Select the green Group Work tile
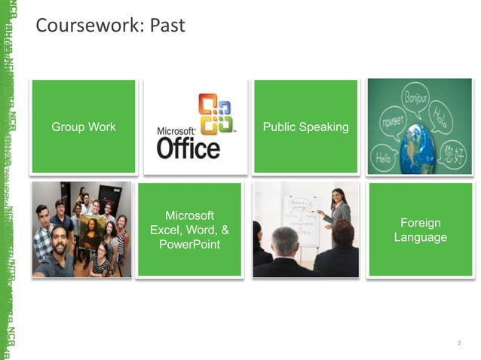[84, 127]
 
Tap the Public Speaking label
[305, 127]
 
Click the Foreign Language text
[420, 230]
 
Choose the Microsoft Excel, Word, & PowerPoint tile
[190, 230]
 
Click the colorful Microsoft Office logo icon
[218, 113]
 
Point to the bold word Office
[188, 146]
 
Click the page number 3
[458, 343]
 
